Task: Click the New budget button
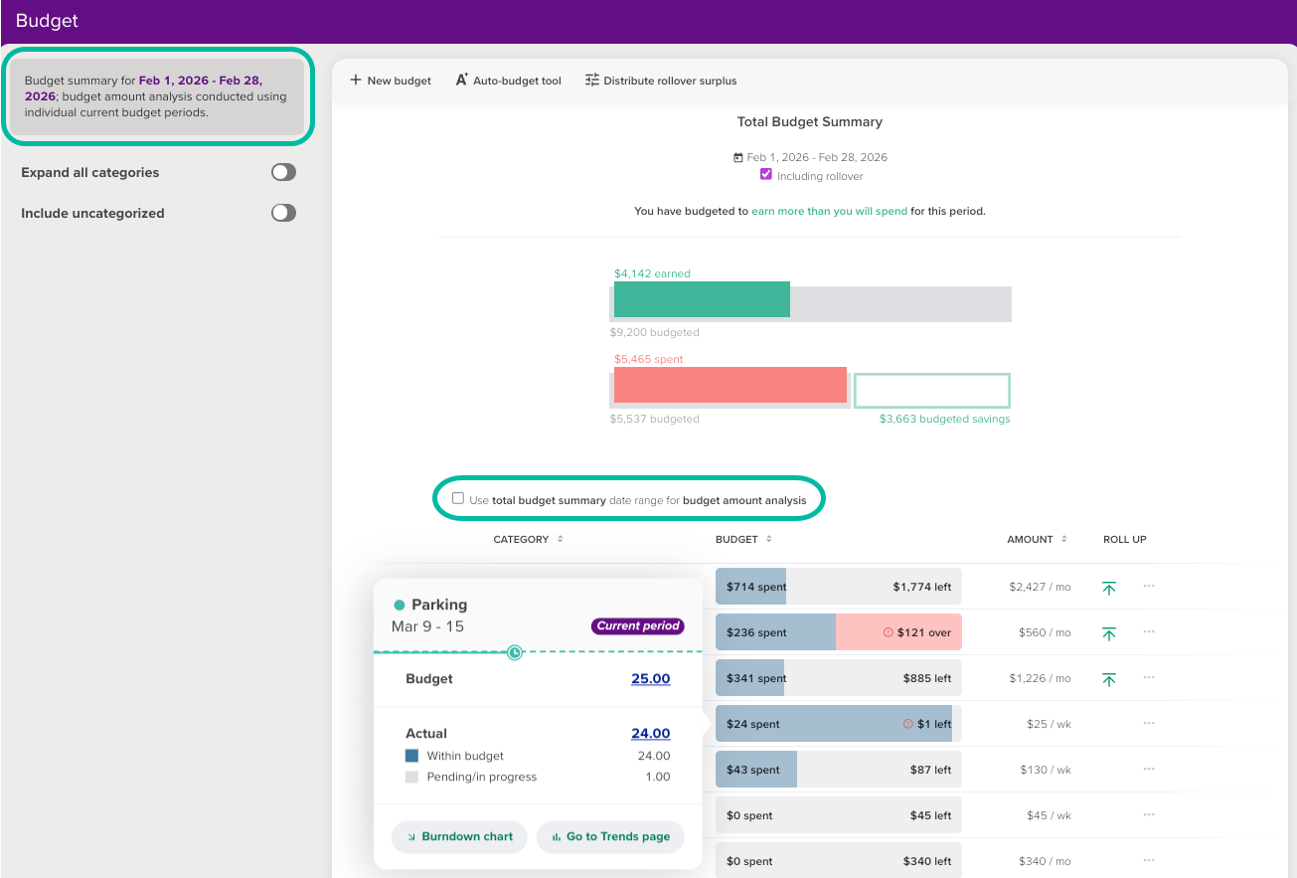coord(391,81)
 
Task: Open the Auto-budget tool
coord(508,81)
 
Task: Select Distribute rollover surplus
coord(661,81)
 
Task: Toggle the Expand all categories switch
coord(283,172)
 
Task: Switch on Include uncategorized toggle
coord(283,213)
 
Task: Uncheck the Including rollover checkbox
coord(765,175)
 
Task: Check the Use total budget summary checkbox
coord(458,499)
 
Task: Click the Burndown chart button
coord(459,836)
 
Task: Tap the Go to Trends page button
coord(610,836)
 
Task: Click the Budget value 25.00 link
coord(650,679)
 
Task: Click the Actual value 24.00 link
coord(650,734)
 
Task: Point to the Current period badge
coord(637,626)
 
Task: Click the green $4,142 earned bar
coord(702,299)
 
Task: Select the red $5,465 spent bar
coord(730,385)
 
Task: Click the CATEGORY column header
coord(522,539)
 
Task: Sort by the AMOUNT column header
coord(1031,539)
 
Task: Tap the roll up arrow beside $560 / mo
coord(1109,632)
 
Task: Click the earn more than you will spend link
coord(829,212)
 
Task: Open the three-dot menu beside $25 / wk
coord(1149,723)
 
